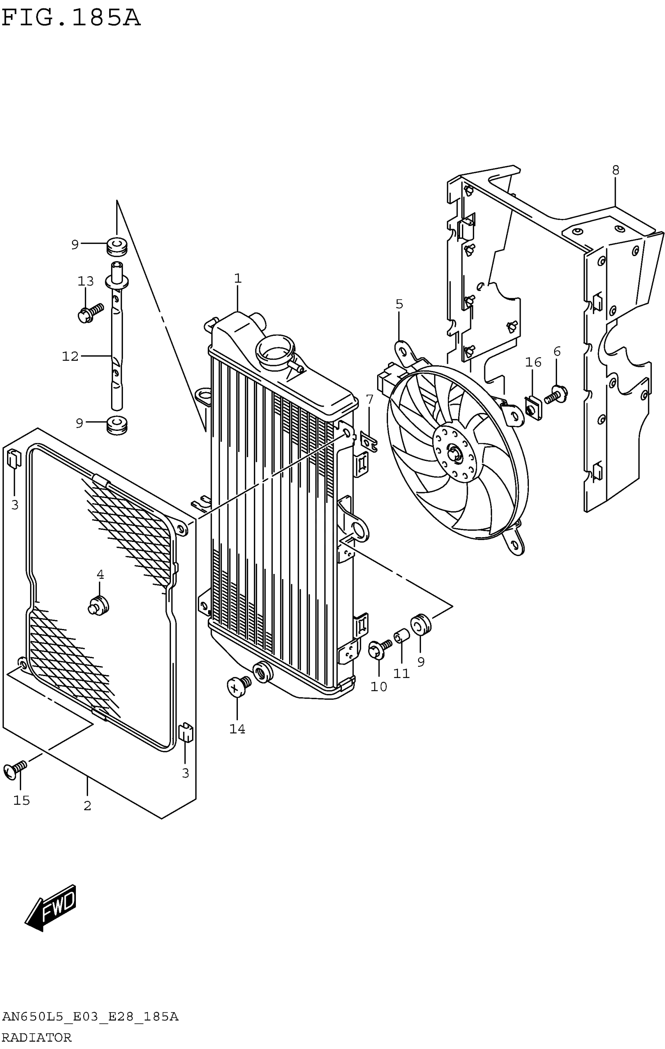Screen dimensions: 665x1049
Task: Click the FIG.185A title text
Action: tap(71, 18)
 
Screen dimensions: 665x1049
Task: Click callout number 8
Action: tap(615, 170)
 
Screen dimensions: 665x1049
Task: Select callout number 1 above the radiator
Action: tap(237, 278)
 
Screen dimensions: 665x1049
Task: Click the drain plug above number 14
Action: tap(237, 687)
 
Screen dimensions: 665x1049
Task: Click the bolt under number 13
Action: tap(89, 313)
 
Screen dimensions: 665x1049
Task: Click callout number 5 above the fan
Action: tap(399, 304)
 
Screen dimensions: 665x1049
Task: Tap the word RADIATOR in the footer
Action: tap(37, 1038)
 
